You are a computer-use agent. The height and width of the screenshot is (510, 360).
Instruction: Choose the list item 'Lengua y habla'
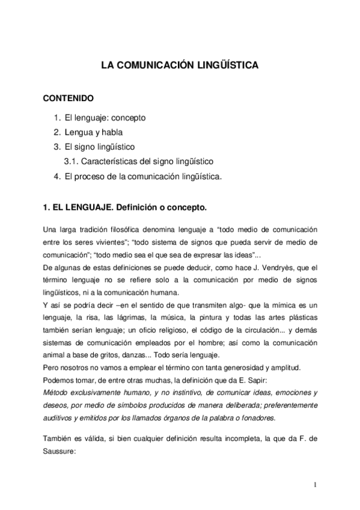coord(94,132)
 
